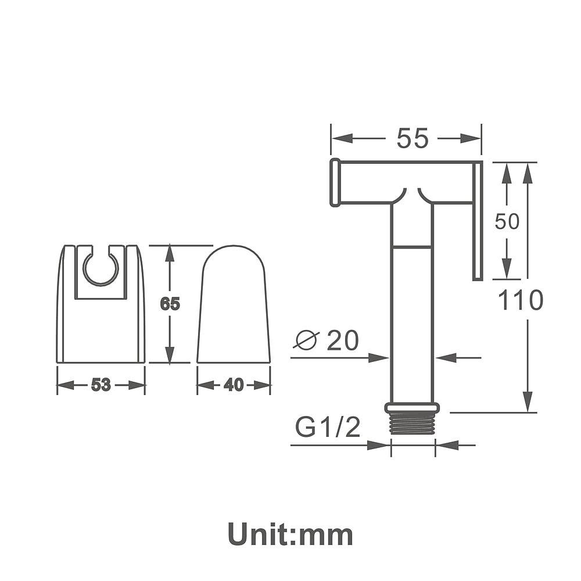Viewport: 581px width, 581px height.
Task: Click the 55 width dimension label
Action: click(413, 138)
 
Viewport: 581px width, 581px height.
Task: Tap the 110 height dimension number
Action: click(521, 300)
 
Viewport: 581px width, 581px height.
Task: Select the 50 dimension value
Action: click(507, 221)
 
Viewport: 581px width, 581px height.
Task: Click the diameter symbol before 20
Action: click(306, 339)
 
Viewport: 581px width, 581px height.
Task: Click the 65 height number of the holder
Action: click(170, 304)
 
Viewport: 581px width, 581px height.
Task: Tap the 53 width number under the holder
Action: click(101, 385)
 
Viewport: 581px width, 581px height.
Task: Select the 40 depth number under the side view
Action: click(234, 385)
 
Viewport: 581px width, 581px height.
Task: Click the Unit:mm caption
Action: click(290, 535)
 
